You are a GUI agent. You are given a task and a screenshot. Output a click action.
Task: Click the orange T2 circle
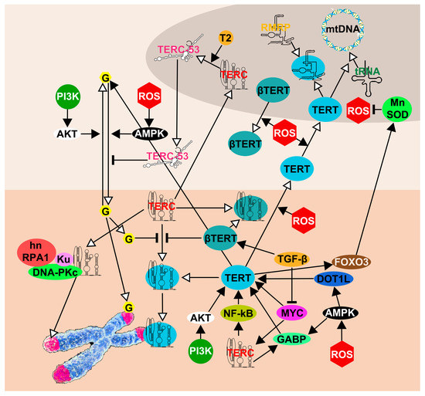coord(226,38)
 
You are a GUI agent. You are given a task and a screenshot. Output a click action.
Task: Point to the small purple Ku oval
coord(64,257)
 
